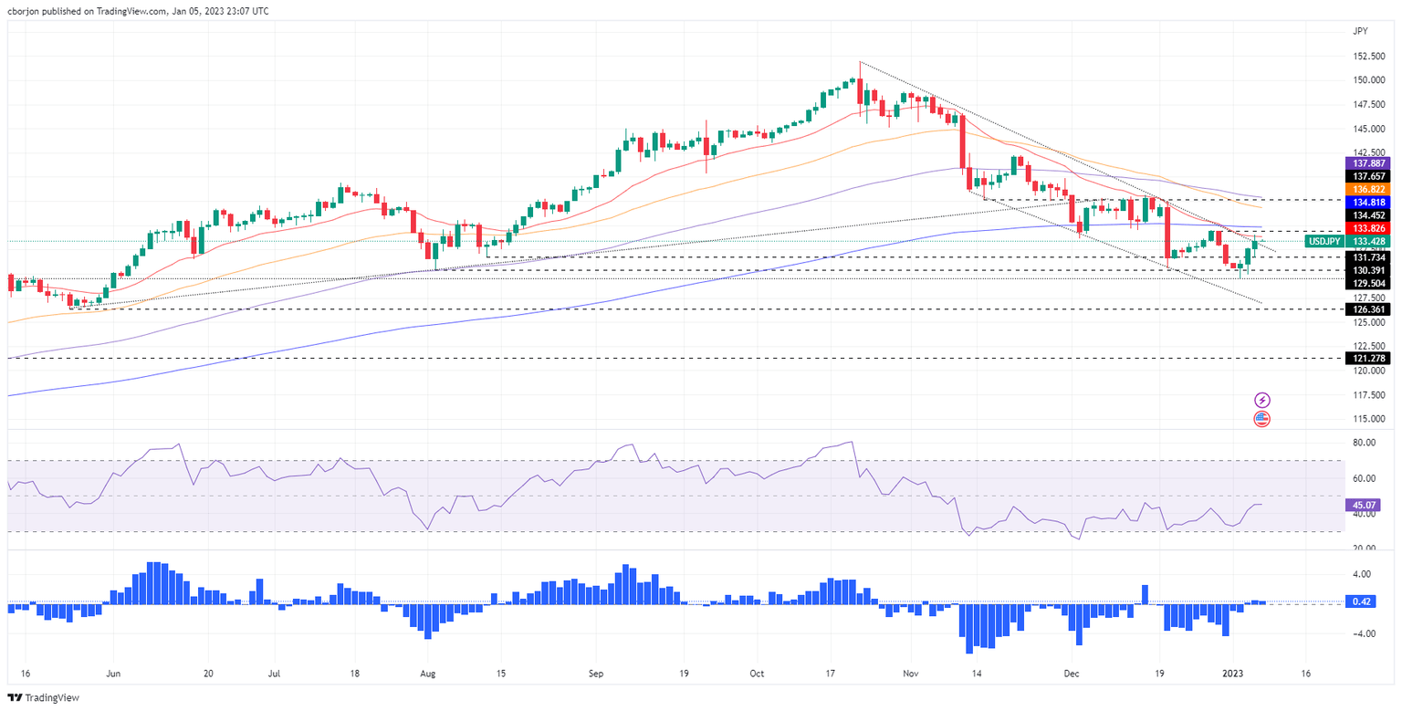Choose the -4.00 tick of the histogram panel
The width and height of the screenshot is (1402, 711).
tap(1364, 633)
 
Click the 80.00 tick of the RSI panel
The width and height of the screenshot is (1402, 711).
tap(1364, 443)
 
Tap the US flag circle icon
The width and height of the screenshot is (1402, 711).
tap(1261, 419)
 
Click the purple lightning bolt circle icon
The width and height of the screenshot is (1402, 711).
tap(1261, 400)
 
